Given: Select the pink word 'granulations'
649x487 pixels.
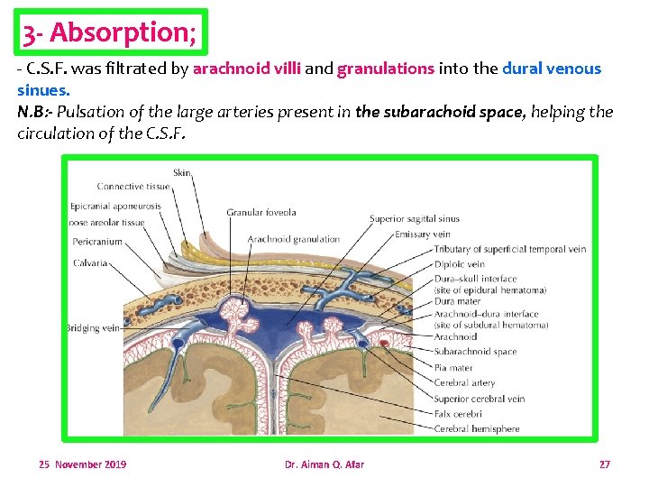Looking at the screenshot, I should (x=386, y=69).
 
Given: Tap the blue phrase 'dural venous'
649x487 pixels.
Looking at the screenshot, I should (x=551, y=69).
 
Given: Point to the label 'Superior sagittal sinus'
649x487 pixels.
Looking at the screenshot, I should (x=414, y=218).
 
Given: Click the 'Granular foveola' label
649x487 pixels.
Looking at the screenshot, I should (x=261, y=213).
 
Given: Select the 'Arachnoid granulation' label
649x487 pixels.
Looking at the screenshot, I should (x=293, y=239).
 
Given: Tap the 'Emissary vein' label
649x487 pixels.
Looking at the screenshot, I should (x=423, y=234).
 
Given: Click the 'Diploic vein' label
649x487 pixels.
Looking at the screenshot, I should (x=459, y=264).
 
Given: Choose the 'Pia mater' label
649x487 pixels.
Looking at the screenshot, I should (x=453, y=368).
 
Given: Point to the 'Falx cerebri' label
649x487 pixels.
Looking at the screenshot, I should (x=457, y=414).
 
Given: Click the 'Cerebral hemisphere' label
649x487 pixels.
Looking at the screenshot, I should (x=476, y=428).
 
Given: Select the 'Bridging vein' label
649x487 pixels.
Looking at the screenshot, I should (x=92, y=328).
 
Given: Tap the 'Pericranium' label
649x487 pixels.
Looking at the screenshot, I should (x=96, y=242).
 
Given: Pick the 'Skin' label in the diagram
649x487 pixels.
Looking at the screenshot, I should (x=182, y=171).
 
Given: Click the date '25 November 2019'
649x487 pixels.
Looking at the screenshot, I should (x=82, y=464).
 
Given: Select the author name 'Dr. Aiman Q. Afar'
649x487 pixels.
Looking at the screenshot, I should (x=324, y=464).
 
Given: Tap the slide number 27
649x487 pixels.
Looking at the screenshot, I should (x=604, y=464).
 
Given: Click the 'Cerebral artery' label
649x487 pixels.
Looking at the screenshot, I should (x=464, y=383).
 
